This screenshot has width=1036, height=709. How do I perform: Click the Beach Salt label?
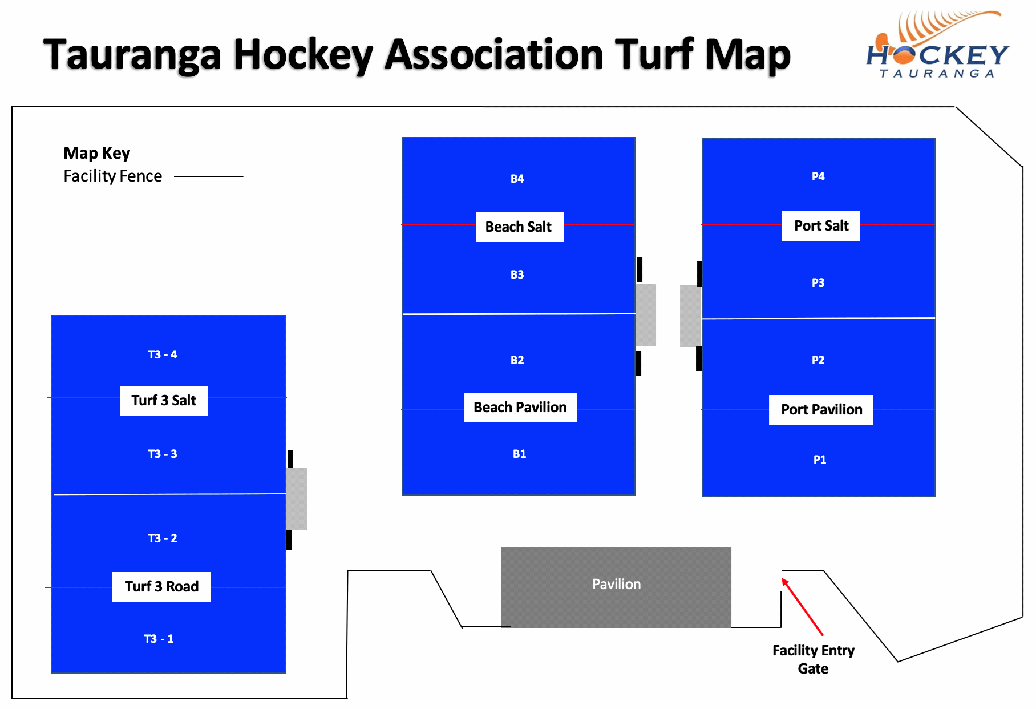[x=519, y=227]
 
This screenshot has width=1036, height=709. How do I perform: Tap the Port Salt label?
[x=820, y=226]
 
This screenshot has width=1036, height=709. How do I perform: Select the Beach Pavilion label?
[x=520, y=408]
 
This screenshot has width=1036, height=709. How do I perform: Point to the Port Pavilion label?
[x=820, y=410]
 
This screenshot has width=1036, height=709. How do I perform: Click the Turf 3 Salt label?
[x=164, y=401]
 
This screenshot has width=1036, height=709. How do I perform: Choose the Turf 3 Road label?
[x=161, y=587]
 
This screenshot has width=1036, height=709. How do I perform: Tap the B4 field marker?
[x=517, y=179]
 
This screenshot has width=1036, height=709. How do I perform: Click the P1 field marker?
[x=819, y=460]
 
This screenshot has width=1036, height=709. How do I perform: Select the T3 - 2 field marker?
[x=163, y=538]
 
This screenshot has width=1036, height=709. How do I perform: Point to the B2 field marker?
[x=517, y=360]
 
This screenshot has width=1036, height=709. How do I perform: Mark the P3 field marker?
[x=818, y=283]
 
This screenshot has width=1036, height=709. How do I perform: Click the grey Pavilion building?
[x=616, y=587]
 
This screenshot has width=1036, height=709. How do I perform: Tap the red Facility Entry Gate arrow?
[x=802, y=606]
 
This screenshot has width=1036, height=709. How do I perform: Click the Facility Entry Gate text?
[x=813, y=659]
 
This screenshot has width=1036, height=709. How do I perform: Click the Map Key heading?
[x=97, y=153]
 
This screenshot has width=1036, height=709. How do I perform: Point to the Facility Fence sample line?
[x=208, y=176]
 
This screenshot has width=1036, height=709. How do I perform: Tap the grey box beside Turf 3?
[x=297, y=498]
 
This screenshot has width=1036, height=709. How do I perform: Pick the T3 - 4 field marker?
[x=163, y=354]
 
